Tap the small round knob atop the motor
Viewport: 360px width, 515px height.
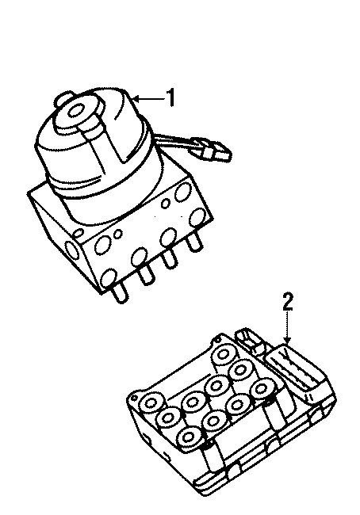[63, 101]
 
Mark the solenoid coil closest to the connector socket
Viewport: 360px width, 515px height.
[261, 387]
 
